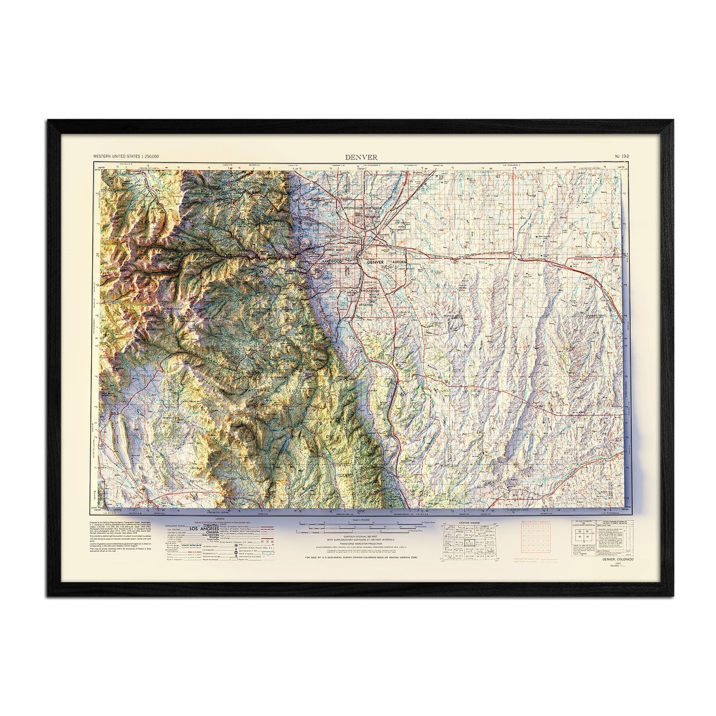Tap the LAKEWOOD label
[332, 260]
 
